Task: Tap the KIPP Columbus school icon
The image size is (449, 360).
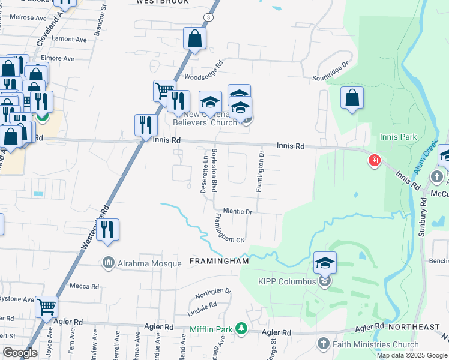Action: (x=325, y=263)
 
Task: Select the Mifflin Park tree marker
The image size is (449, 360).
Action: (x=241, y=328)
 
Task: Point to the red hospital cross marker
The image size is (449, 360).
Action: (x=375, y=161)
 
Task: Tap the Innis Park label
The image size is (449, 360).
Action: (x=398, y=137)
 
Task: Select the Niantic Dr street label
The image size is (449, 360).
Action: (x=237, y=212)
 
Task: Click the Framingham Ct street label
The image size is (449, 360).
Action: (x=228, y=229)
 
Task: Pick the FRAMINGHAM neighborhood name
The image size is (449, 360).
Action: (x=219, y=262)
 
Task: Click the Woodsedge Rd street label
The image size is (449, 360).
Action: (x=203, y=71)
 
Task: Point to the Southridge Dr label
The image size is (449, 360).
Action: (x=330, y=73)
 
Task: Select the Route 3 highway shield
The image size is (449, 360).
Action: (x=208, y=18)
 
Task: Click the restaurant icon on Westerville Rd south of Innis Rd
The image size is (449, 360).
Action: (x=107, y=230)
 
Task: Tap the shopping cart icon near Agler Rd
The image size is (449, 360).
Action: (x=46, y=307)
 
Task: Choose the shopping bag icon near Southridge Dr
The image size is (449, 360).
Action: (x=352, y=98)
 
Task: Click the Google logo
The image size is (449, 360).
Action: (x=20, y=352)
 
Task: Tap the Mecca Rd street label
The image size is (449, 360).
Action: (x=85, y=287)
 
